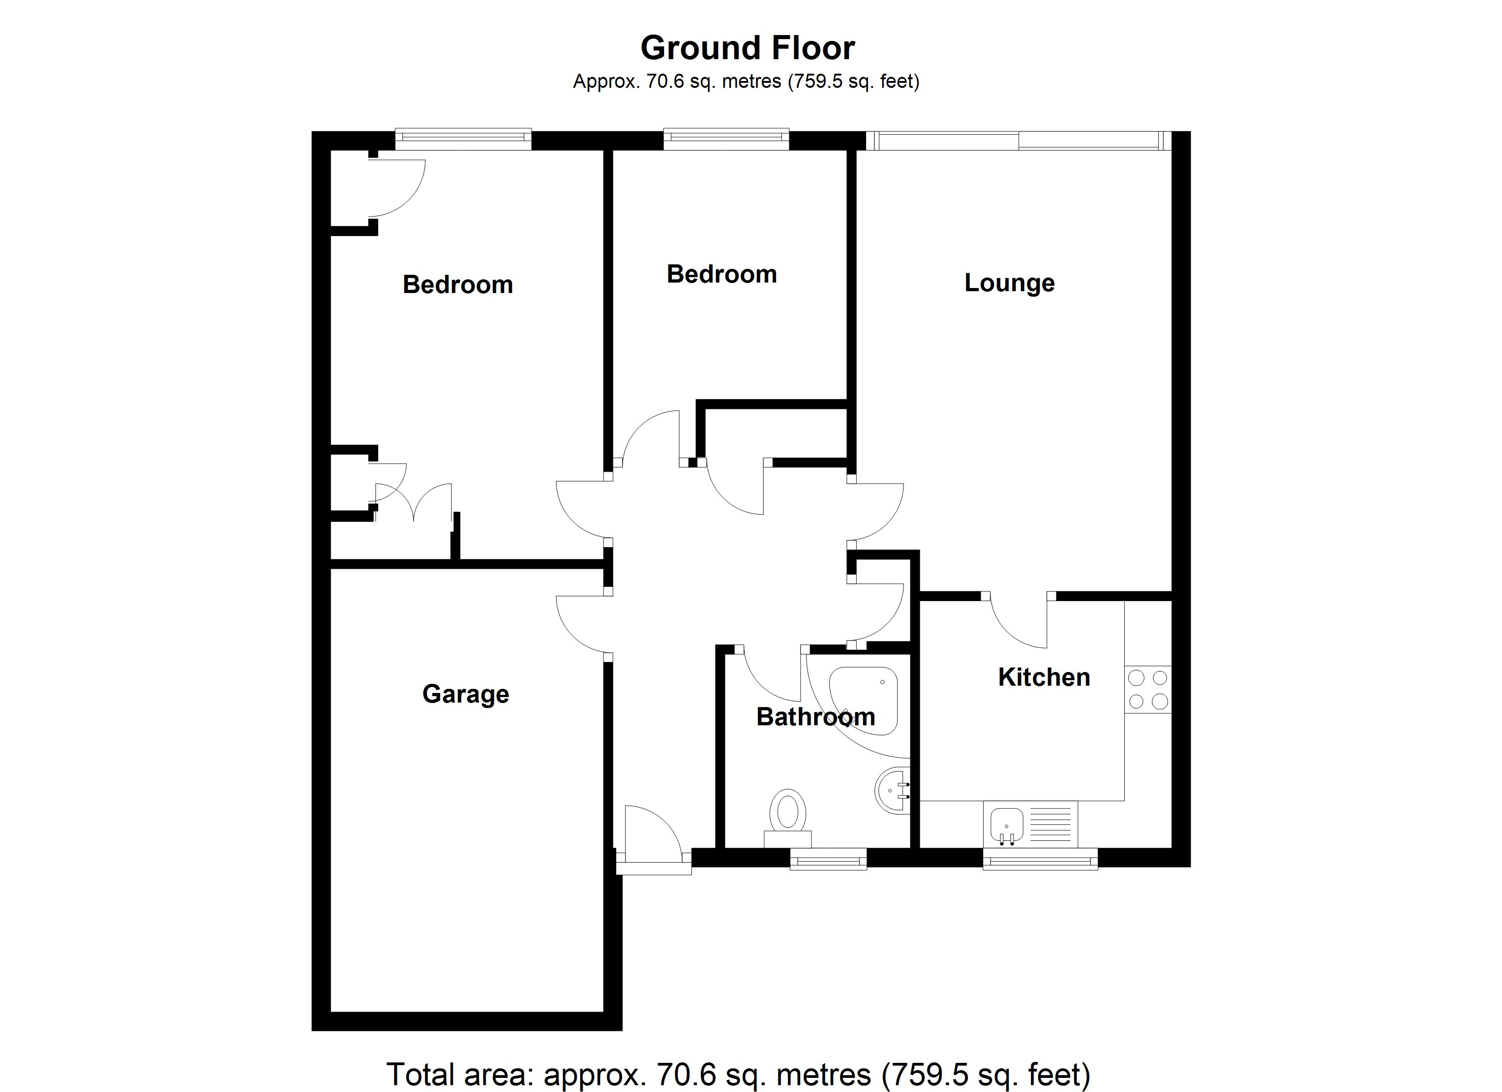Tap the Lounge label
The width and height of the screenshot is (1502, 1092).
point(1009,283)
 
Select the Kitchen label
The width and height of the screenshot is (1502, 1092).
point(1044,677)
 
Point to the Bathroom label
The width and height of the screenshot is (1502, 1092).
point(816,717)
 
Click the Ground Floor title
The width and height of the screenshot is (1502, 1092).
point(748,48)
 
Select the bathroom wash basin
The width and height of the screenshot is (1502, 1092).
point(893,790)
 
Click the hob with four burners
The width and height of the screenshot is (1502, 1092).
point(1148,689)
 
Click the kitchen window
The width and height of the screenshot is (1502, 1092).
point(1040,859)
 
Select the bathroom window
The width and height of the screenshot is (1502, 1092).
point(828,859)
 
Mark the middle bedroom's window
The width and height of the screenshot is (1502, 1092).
point(726,139)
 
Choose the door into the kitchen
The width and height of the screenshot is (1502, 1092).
point(1018,619)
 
